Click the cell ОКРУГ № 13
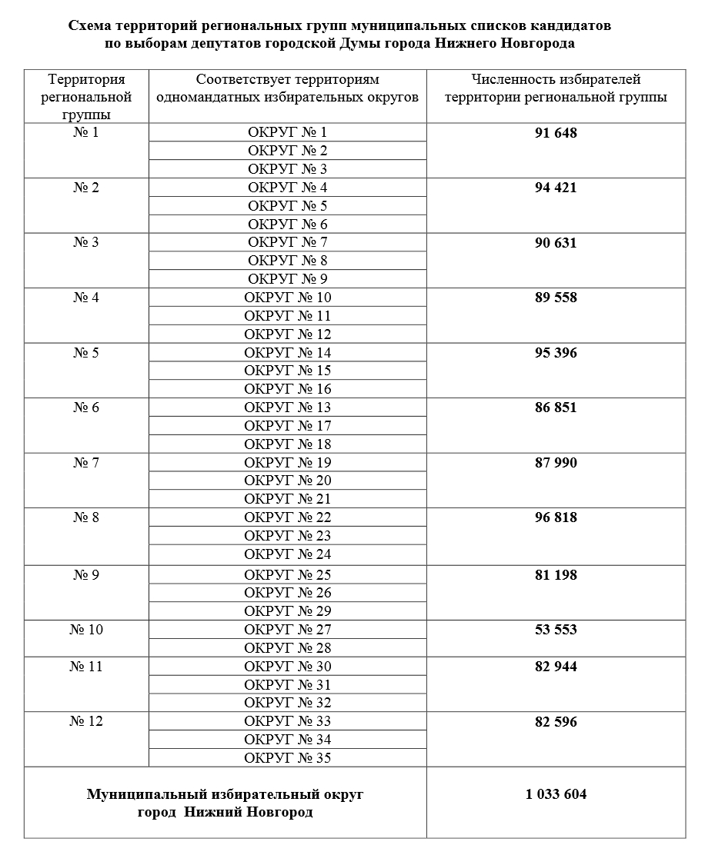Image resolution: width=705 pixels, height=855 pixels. tap(287, 408)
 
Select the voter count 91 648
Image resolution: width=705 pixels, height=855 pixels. tap(556, 133)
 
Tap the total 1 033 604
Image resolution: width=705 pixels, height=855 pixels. tap(556, 794)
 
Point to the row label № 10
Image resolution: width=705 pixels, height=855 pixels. tap(86, 630)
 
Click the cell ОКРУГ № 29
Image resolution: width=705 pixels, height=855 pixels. tap(287, 611)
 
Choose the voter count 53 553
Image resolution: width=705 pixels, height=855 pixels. tap(556, 630)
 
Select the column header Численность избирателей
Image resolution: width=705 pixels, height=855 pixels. tap(556, 79)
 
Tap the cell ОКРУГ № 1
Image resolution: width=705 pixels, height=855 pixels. tap(287, 132)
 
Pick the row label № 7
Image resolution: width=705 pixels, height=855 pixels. tap(86, 463)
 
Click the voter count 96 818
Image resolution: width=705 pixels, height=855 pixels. tap(556, 517)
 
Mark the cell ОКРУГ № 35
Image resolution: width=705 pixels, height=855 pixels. tap(287, 758)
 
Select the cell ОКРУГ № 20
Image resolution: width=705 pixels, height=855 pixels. tap(287, 481)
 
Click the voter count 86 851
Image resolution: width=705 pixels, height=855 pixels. tap(556, 408)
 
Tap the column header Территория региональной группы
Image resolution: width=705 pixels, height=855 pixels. tap(86, 97)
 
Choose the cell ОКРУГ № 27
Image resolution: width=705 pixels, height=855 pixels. tap(287, 630)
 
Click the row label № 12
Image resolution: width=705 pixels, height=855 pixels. tap(86, 721)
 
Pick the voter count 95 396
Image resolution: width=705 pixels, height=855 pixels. tap(556, 353)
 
